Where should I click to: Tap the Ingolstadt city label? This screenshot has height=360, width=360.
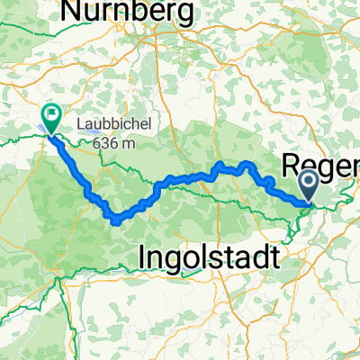coord(208,257)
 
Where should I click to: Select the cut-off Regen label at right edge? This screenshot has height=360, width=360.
coord(321,165)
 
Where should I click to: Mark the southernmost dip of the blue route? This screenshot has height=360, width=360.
coord(115,218)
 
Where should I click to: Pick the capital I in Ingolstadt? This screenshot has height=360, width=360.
coord(145,257)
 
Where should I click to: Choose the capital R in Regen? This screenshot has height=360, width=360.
coord(293,165)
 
